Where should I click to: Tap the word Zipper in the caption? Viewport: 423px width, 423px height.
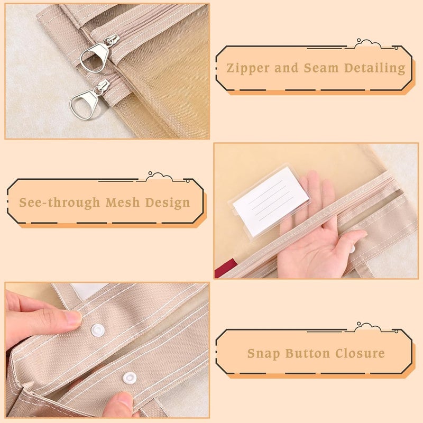[x=248, y=68]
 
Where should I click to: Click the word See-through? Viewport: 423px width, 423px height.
[x=59, y=203]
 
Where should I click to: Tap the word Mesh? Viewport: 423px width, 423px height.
[x=123, y=203]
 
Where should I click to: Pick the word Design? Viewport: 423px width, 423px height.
[x=168, y=203]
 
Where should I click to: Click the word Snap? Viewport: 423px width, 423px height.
[x=263, y=354]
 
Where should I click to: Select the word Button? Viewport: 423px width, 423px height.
[x=308, y=353]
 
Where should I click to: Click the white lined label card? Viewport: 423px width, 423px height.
[x=271, y=201]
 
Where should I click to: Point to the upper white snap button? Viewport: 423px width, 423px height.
[x=97, y=330]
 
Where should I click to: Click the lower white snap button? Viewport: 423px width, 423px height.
[x=130, y=378]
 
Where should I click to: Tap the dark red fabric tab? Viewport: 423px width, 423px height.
[x=226, y=268]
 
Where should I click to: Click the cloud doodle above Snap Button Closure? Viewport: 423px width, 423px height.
[x=367, y=326]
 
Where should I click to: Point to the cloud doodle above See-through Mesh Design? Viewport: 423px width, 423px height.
[x=159, y=176]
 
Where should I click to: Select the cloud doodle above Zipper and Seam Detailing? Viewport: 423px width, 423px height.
[x=367, y=43]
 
